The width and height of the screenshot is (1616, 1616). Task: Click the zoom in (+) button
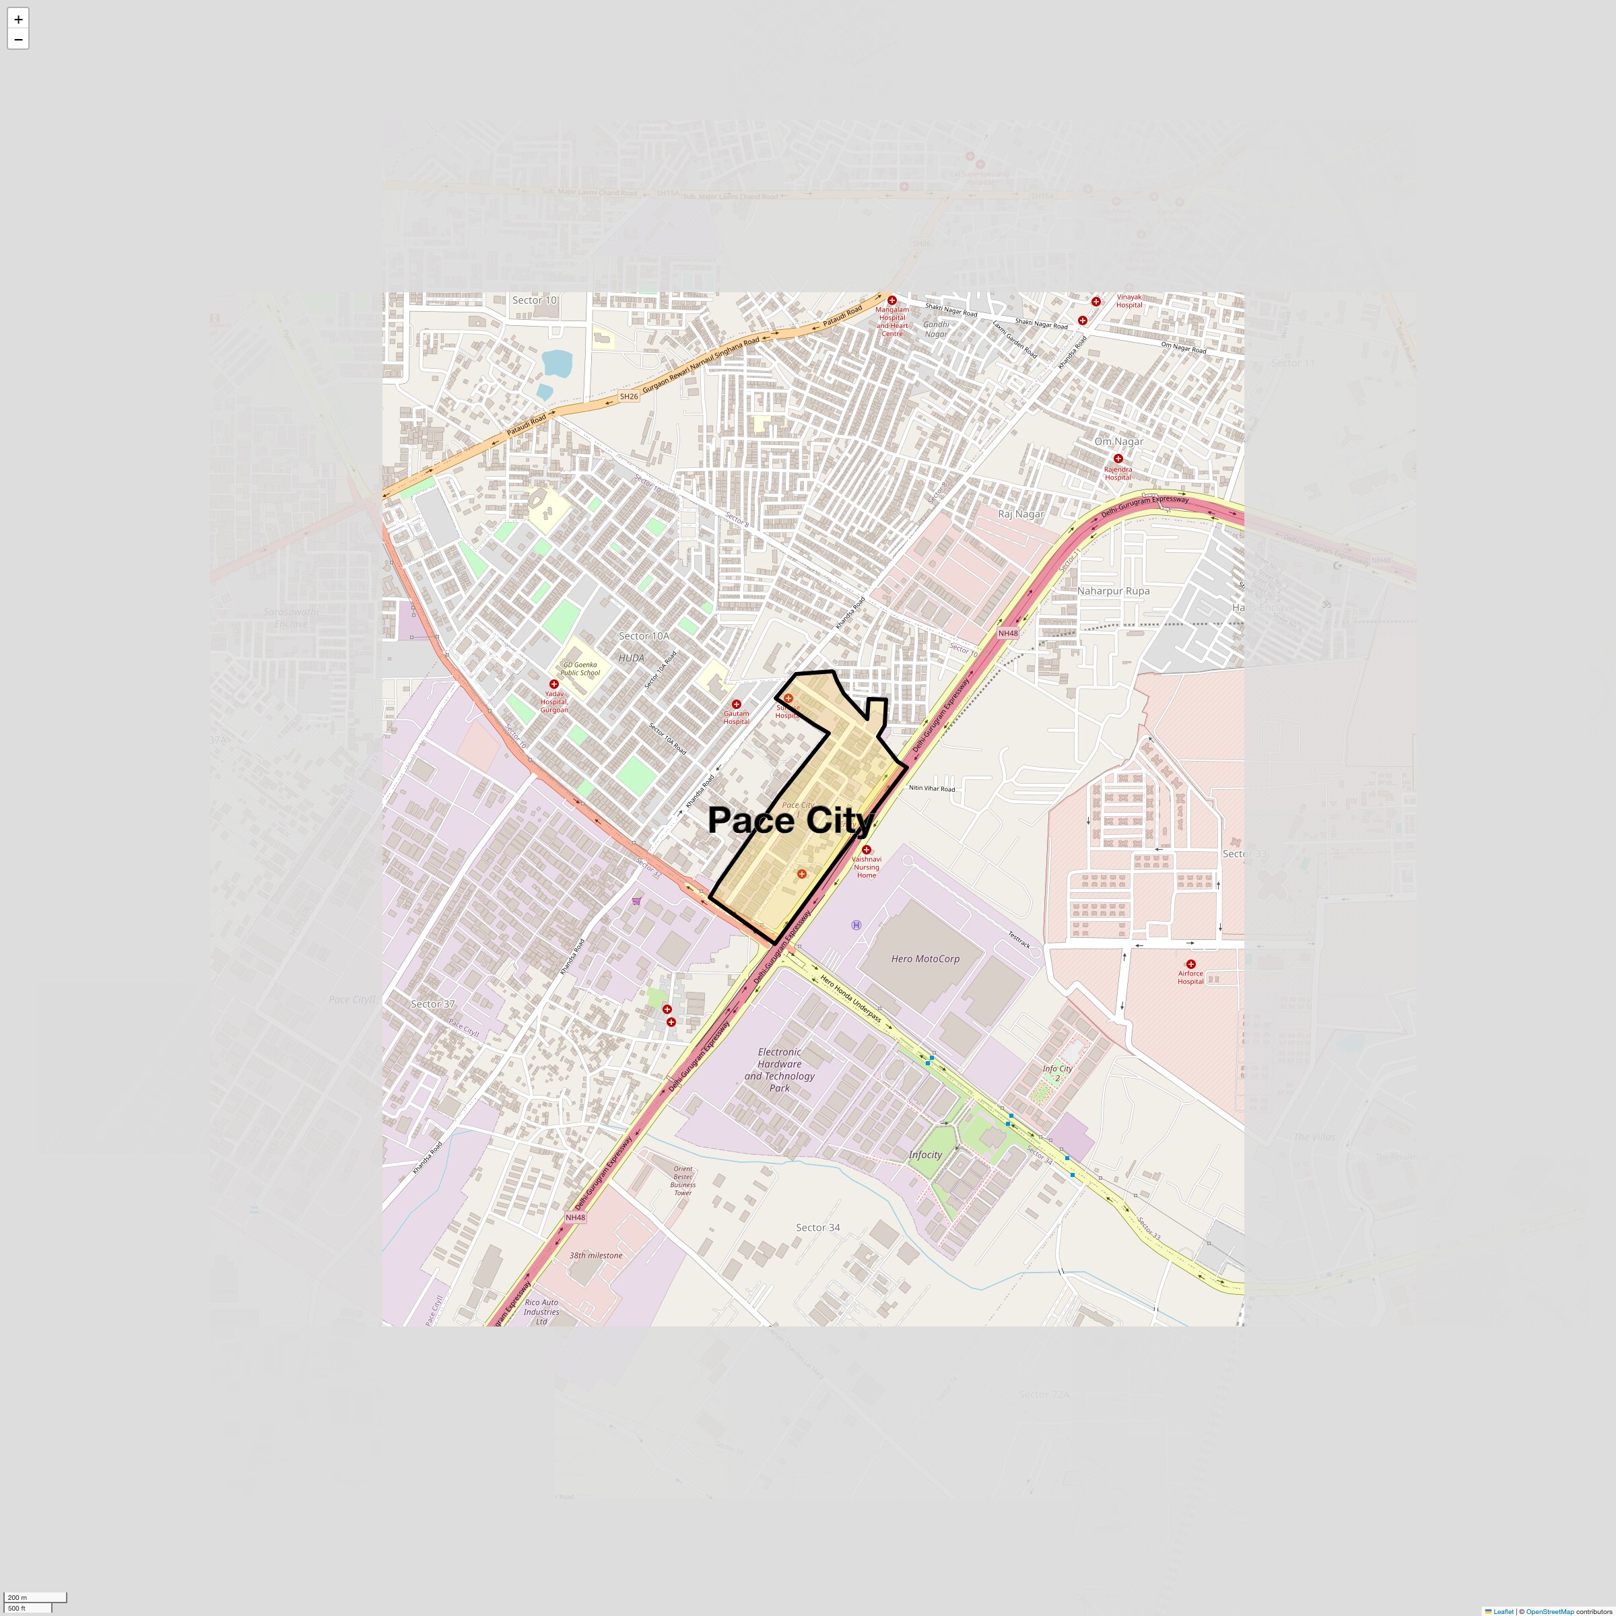pos(18,18)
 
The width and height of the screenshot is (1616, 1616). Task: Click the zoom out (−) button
pos(18,39)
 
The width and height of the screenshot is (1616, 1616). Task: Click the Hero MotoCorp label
pos(925,959)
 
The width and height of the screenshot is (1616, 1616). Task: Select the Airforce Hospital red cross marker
pos(1190,964)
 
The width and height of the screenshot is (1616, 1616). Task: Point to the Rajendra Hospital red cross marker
pos(1118,459)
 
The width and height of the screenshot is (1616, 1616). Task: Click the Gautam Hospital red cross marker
pos(736,704)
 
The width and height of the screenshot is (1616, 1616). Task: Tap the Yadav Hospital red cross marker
pos(553,684)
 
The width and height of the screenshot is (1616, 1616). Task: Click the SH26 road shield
pos(629,397)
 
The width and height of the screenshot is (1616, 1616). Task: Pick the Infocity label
pos(925,1154)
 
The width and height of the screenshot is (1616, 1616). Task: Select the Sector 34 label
pos(817,1227)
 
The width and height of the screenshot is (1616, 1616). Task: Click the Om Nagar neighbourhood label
pos(1118,442)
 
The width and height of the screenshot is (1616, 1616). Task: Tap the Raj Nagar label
pos(1021,514)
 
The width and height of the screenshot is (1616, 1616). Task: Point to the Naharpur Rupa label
pos(1112,591)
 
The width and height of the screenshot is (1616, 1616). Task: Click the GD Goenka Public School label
pos(580,669)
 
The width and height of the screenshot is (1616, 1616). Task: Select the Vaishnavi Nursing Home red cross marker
pos(867,850)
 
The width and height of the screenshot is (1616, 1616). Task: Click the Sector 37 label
pos(432,1004)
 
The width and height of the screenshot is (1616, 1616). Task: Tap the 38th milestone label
pos(595,1254)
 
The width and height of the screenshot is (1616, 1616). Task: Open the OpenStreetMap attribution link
pos(1549,1611)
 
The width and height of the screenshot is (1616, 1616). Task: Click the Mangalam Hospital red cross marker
pos(891,300)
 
